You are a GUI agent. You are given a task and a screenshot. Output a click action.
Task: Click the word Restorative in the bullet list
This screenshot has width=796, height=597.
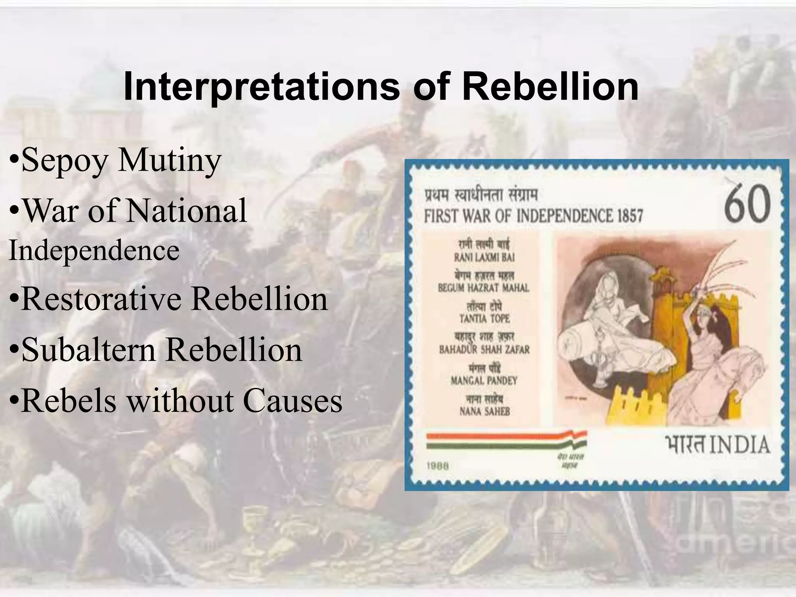point(100,299)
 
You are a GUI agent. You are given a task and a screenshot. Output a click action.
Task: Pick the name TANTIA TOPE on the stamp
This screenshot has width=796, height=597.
point(484,319)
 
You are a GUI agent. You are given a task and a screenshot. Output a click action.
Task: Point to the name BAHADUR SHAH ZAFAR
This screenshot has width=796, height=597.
point(484,349)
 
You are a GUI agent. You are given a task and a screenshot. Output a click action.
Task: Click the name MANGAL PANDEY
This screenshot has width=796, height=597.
point(484,380)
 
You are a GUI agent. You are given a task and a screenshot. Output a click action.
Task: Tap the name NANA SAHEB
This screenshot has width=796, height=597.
point(484,411)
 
